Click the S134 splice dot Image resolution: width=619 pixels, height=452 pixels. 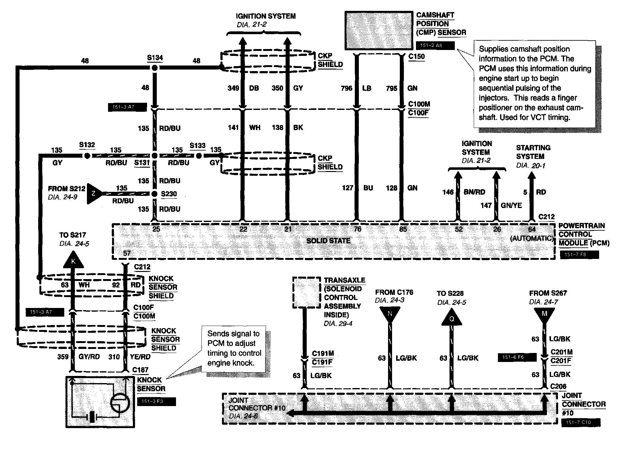pos(155,68)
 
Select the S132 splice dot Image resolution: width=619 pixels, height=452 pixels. pos(87,156)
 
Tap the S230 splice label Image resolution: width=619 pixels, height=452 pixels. pos(169,194)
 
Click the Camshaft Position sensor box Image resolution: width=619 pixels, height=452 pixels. pos(379,31)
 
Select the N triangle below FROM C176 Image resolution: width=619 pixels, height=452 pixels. pos(390,314)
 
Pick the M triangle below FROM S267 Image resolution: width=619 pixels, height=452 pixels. pos(544,314)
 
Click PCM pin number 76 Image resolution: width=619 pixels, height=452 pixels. pos(358,229)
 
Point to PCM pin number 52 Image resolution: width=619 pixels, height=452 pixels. pos(459,229)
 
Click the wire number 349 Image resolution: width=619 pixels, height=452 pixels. pos(233,88)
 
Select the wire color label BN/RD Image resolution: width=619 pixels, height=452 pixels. pos(474,192)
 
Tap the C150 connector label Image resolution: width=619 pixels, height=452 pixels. pos(417,57)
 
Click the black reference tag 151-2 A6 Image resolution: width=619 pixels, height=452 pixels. pos(435,46)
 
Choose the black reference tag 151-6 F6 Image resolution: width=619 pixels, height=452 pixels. pos(517,357)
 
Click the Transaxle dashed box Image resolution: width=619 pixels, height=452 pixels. pos(306,293)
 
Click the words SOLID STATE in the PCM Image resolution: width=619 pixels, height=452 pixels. pos(328,241)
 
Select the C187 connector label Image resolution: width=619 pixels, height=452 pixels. pos(140,370)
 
